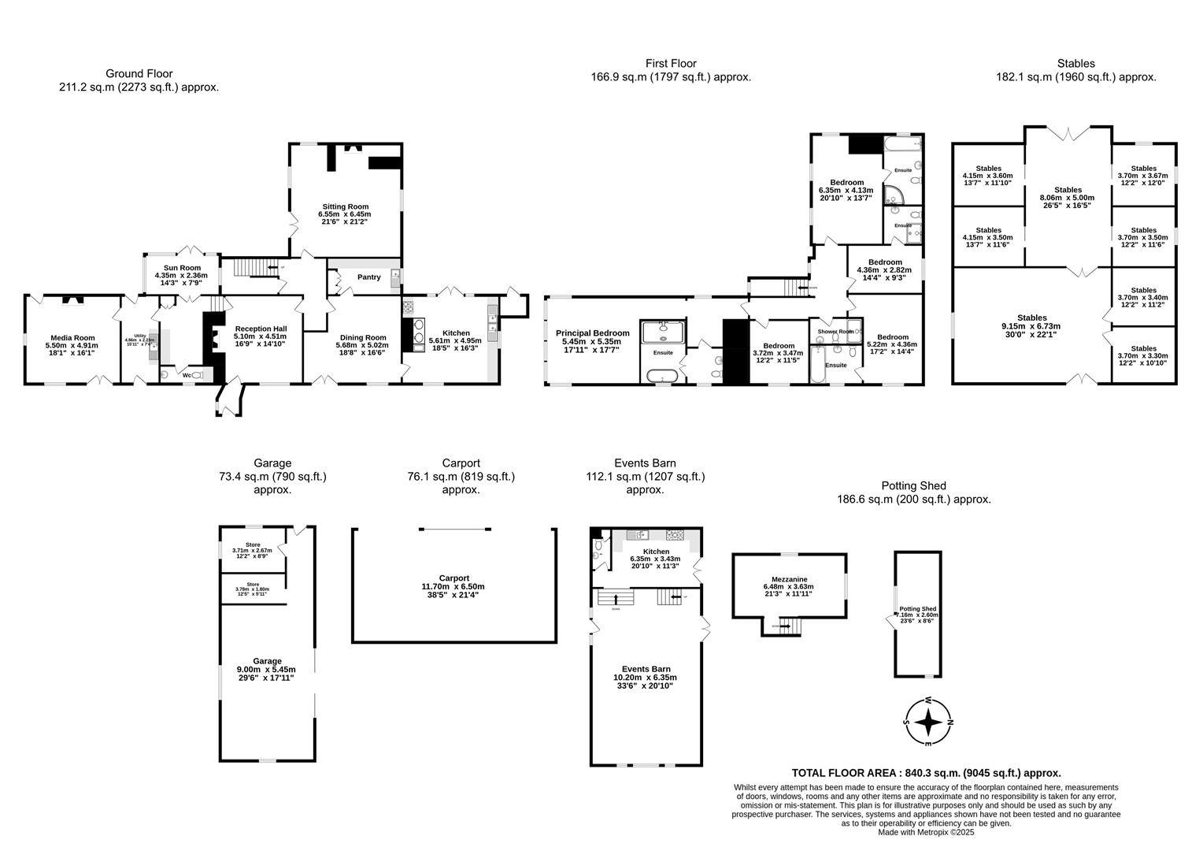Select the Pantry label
pyautogui.click(x=368, y=277)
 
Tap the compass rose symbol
pyautogui.click(x=928, y=722)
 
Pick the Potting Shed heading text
pyautogui.click(x=913, y=485)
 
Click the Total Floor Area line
pyautogui.click(x=926, y=774)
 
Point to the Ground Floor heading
pyautogui.click(x=139, y=74)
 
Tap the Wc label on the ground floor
pyautogui.click(x=187, y=375)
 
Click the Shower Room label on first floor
pyautogui.click(x=835, y=332)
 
